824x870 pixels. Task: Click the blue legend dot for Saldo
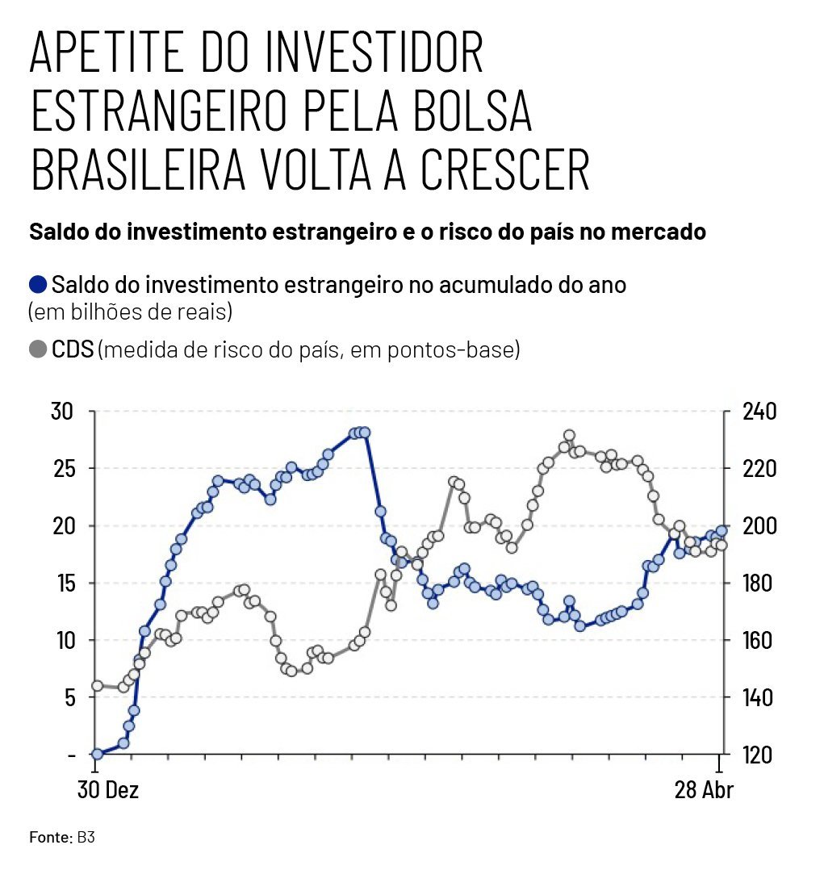[38, 285]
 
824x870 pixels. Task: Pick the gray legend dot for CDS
[38, 350]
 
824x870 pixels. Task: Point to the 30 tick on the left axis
[62, 412]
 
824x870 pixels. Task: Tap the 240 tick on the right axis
[758, 412]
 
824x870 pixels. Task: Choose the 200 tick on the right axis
[758, 526]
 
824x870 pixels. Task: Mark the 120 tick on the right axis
[758, 755]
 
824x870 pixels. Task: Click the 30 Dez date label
[108, 790]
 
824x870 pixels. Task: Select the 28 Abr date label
[704, 790]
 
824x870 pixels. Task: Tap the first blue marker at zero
[98, 754]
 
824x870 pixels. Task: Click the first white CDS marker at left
[98, 686]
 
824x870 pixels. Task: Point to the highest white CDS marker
[569, 436]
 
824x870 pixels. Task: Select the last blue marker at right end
[722, 531]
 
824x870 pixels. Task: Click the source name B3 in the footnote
[86, 837]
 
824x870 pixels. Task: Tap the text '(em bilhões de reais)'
[131, 312]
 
